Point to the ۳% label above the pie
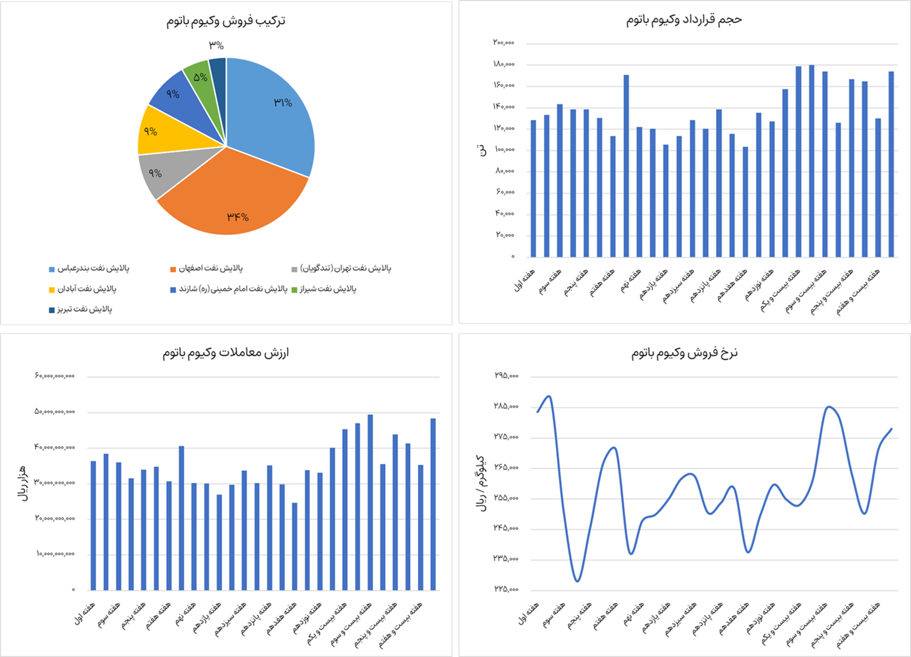click(217, 46)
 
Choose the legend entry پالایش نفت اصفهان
click(210, 269)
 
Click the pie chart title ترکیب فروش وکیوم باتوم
click(226, 21)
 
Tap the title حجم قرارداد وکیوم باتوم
click(684, 20)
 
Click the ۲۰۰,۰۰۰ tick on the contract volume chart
click(504, 43)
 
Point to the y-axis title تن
click(483, 151)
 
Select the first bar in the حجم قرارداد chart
click(533, 188)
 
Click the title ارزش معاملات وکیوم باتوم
click(226, 353)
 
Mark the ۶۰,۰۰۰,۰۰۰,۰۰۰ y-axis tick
click(55, 376)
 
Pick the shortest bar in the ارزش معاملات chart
click(295, 546)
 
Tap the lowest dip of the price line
click(577, 581)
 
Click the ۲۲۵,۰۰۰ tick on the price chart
click(506, 589)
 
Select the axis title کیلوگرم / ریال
click(483, 482)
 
